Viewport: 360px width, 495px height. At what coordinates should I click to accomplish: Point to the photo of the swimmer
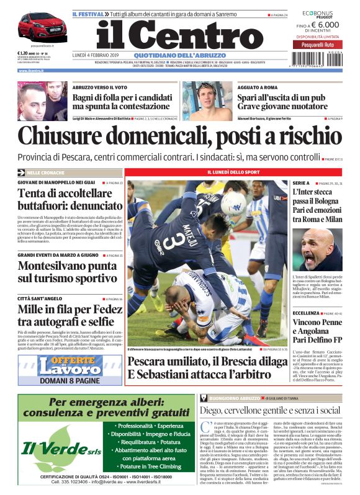(x=204, y=101)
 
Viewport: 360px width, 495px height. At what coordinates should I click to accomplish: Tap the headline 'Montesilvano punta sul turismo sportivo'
(x=67, y=271)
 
